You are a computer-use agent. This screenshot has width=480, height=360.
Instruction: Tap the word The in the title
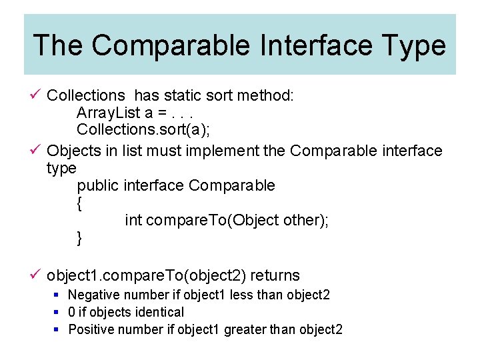pyautogui.click(x=57, y=45)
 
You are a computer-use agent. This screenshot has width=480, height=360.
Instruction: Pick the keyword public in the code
pyautogui.click(x=98, y=185)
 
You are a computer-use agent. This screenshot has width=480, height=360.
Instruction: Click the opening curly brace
pyautogui.click(x=80, y=203)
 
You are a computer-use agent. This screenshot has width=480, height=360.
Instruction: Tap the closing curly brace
pyautogui.click(x=80, y=238)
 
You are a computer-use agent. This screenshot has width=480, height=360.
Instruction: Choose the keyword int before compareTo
pyautogui.click(x=133, y=221)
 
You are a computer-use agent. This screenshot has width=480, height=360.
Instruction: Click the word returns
pyautogui.click(x=275, y=275)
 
